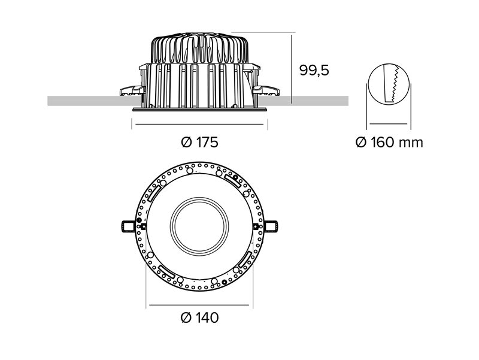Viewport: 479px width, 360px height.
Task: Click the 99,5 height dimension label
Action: point(314,70)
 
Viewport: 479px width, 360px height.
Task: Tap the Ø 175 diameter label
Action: point(199,143)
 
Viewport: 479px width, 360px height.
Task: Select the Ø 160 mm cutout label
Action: point(389,143)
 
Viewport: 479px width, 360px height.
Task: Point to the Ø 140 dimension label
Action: point(199,317)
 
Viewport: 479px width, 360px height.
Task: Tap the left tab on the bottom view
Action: point(129,226)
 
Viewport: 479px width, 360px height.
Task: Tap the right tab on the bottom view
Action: point(270,226)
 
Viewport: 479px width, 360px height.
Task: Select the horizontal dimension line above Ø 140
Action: point(199,305)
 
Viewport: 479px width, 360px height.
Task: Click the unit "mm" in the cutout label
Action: point(412,143)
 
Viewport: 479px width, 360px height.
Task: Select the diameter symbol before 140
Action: point(185,317)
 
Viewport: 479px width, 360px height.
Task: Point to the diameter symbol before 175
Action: point(185,143)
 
